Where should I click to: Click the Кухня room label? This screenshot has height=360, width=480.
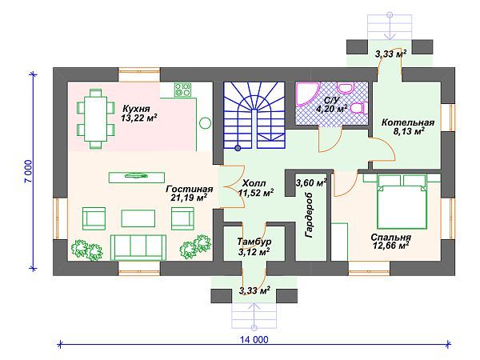click(136, 109)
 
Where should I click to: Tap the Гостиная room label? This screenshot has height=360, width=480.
click(189, 189)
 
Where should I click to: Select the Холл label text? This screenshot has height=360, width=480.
click(254, 183)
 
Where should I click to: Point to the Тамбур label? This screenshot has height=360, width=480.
click(254, 242)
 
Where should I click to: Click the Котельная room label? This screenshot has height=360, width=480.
click(408, 122)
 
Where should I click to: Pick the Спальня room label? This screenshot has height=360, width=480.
click(390, 238)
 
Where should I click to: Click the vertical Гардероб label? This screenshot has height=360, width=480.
click(309, 215)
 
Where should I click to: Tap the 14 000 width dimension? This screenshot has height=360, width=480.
click(254, 339)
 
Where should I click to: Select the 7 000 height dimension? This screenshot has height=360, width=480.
click(28, 171)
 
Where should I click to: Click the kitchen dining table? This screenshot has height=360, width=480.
click(96, 118)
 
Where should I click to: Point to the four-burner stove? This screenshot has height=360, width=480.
click(182, 90)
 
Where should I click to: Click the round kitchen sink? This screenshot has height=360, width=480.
click(205, 123)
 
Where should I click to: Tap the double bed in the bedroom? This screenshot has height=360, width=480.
click(402, 202)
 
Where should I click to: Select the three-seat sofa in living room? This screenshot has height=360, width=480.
click(138, 247)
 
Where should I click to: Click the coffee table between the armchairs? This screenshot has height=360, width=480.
click(138, 218)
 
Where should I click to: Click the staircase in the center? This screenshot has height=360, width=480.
click(254, 115)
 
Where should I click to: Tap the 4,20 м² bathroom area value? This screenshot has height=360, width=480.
click(331, 109)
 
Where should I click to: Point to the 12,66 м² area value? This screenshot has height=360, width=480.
click(391, 246)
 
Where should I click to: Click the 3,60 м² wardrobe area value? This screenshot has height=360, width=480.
click(311, 183)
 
